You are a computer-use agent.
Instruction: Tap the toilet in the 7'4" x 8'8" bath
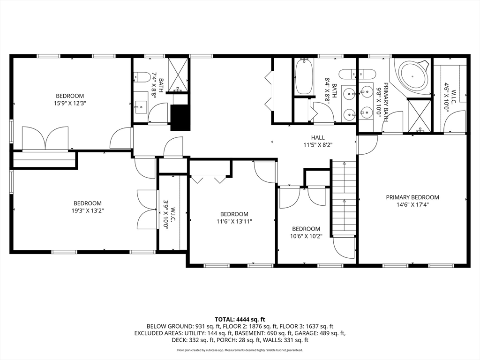[x=141, y=76]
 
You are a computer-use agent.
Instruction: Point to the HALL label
[x=318, y=138]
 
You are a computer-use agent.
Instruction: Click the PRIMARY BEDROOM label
[x=412, y=197]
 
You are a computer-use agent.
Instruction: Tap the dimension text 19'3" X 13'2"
[x=87, y=210]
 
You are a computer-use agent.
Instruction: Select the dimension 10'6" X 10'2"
[x=306, y=236]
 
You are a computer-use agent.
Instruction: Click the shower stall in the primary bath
[x=420, y=116]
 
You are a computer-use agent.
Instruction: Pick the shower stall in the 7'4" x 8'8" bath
[x=178, y=75]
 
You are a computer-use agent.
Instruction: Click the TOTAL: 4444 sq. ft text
[x=240, y=320]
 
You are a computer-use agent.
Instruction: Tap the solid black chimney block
[x=180, y=118]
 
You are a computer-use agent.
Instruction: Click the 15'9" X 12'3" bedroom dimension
[x=70, y=103]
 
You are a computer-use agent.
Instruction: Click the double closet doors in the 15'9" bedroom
[x=45, y=138]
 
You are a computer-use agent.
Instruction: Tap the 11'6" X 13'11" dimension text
[x=234, y=221]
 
